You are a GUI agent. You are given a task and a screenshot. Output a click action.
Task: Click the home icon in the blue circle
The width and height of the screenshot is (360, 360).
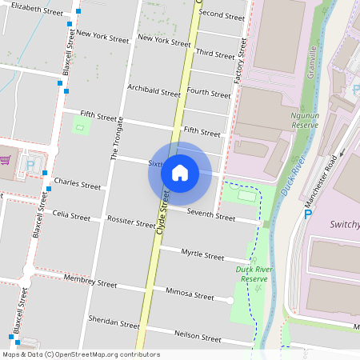click(180, 172)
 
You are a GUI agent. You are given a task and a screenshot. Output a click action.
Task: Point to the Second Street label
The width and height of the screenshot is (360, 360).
click(222, 15)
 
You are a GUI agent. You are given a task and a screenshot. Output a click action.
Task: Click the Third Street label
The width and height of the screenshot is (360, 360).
click(215, 54)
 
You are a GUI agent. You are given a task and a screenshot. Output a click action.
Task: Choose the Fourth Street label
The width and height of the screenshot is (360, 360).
click(208, 93)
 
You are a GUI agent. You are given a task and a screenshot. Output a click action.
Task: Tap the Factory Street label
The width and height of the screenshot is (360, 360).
click(238, 71)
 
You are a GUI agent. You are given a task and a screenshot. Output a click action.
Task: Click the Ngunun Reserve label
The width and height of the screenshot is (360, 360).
click(300, 121)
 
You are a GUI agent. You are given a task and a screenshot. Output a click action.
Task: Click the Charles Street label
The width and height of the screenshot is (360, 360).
click(78, 186)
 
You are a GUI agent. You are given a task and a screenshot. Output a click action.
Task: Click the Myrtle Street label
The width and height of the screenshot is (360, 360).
click(202, 255)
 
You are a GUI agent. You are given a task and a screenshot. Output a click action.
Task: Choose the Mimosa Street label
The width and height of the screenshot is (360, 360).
click(190, 294)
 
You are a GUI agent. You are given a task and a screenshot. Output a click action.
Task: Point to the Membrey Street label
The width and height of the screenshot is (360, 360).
click(91, 282)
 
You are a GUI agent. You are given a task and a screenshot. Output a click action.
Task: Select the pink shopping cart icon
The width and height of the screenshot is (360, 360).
click(5, 161)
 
